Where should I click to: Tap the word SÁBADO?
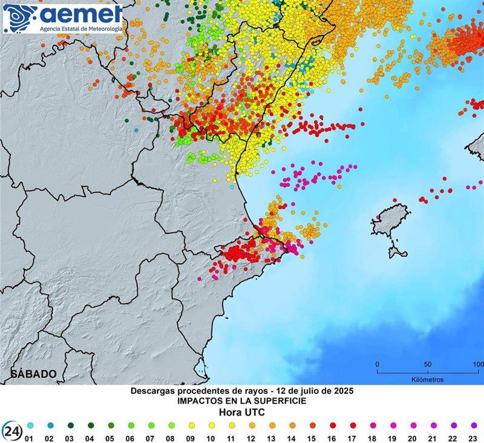(33, 374)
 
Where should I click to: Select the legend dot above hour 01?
(31, 425)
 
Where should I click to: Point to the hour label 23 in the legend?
(474, 438)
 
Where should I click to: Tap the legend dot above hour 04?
(91, 425)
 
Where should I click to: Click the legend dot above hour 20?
(413, 425)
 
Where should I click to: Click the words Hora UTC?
(241, 412)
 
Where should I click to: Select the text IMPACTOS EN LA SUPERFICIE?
(241, 401)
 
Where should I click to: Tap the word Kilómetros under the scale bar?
(427, 380)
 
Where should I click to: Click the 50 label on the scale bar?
(427, 364)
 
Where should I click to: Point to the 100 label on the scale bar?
(477, 364)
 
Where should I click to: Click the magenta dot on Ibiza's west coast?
(379, 217)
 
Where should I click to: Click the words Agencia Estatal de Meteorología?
(80, 28)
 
